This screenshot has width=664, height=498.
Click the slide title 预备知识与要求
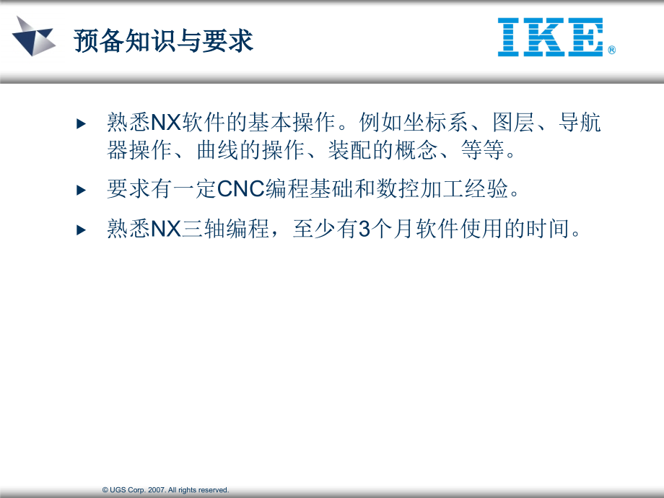164,41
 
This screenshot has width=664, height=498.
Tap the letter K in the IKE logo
550,38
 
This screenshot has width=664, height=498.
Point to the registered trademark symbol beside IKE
611,51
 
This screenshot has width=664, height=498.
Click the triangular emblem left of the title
33,35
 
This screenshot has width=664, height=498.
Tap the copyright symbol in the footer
105,490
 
